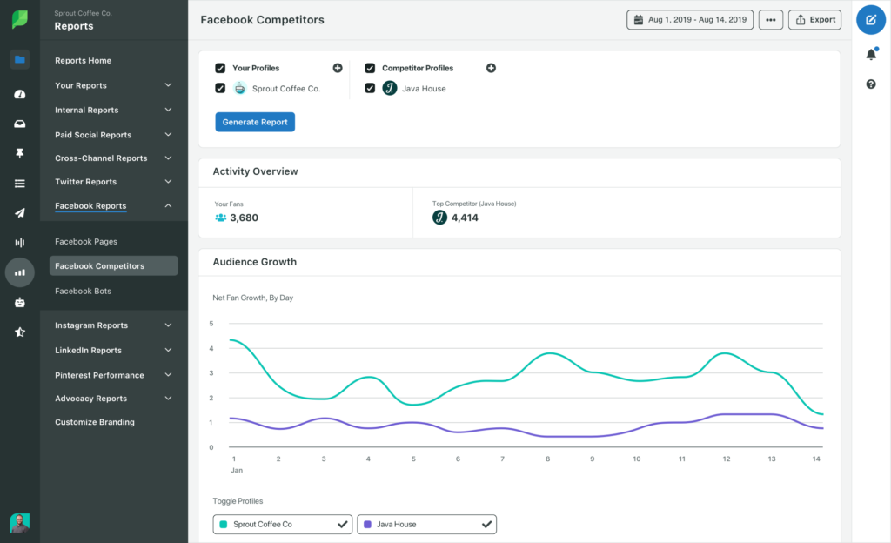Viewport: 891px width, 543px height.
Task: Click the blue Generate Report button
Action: click(x=255, y=122)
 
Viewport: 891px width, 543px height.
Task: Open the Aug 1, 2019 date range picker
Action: click(x=689, y=19)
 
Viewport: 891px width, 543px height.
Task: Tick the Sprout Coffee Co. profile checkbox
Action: click(x=220, y=88)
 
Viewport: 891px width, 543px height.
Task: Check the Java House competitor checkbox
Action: click(x=370, y=88)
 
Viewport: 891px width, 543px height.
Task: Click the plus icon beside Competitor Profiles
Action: click(x=491, y=68)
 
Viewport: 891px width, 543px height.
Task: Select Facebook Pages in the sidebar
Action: click(x=86, y=242)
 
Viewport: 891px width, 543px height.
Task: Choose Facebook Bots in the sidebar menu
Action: click(x=83, y=291)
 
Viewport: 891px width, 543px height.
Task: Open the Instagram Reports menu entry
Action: click(x=91, y=325)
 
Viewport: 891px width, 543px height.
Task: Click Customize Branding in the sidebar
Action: click(x=95, y=422)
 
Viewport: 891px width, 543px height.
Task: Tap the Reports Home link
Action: click(x=83, y=61)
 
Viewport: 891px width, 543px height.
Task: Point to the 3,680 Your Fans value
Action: click(x=244, y=218)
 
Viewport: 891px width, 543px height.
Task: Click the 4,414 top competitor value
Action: click(x=465, y=218)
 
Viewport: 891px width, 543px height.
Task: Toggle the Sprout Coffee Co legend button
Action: click(x=282, y=524)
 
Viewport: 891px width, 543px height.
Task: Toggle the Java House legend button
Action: click(x=426, y=524)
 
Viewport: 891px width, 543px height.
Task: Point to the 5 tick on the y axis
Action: click(x=211, y=324)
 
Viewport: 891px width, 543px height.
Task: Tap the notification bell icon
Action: click(x=871, y=55)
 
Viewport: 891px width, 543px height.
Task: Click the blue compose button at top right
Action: click(x=871, y=19)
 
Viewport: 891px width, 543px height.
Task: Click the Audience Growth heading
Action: click(x=255, y=262)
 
